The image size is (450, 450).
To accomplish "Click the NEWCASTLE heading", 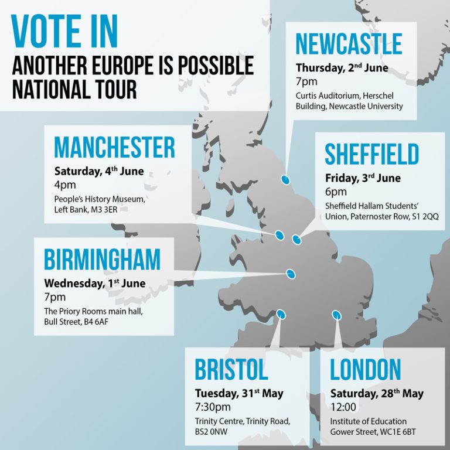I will (x=349, y=45).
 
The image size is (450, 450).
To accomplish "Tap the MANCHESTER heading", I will (x=114, y=148).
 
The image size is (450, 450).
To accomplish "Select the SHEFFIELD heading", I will (x=372, y=155).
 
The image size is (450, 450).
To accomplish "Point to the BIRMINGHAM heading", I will (x=102, y=260).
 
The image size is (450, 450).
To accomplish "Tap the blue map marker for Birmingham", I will (x=291, y=274).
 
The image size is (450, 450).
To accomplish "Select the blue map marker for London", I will (x=336, y=315).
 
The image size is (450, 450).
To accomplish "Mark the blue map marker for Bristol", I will (x=281, y=315).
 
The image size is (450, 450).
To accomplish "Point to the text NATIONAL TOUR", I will (x=74, y=89).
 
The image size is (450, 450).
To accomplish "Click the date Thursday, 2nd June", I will (x=342, y=68).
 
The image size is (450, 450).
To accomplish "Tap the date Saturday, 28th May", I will (x=377, y=393).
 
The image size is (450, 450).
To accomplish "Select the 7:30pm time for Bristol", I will (x=213, y=407).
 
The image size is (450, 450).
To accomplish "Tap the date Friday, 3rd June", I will (x=363, y=178).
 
